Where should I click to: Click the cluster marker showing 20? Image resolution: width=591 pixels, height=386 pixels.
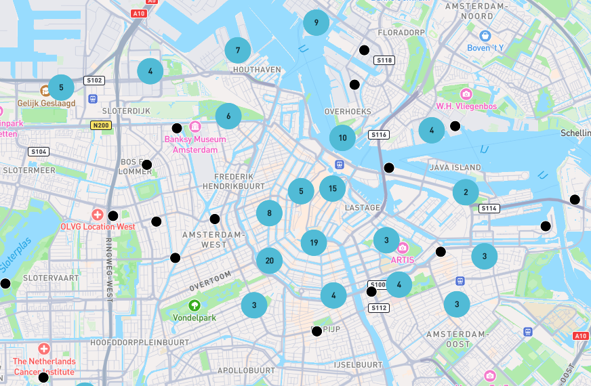coord(269,261)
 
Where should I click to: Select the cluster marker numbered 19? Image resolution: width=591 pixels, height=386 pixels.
coord(314,242)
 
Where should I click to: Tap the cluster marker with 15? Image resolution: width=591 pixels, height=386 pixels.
coord(332,188)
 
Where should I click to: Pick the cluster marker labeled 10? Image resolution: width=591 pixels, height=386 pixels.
coord(342,137)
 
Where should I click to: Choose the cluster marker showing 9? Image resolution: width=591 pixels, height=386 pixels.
coord(316,23)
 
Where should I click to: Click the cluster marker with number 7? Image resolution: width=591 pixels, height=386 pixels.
coord(238,50)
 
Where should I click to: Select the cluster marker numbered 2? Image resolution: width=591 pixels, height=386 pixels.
coord(466,192)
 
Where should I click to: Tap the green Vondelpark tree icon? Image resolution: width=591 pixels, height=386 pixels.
coord(195,305)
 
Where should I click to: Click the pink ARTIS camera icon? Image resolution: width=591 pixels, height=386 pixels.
coord(403,247)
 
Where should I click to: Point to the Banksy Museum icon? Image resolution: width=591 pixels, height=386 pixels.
coord(195,127)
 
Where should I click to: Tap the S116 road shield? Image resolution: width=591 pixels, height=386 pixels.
coord(378,135)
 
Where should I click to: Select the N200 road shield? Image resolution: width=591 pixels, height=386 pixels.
coord(100,125)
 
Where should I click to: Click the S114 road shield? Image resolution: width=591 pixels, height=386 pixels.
coord(489,209)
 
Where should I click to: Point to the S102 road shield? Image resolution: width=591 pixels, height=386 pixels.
coord(94,81)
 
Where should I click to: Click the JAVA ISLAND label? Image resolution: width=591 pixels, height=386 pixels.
coord(455,167)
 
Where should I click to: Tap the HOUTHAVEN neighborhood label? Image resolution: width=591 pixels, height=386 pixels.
coord(256,70)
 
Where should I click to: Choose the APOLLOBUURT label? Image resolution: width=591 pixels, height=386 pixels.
coord(246,370)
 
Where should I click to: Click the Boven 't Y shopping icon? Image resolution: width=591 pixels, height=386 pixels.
coord(485,36)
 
